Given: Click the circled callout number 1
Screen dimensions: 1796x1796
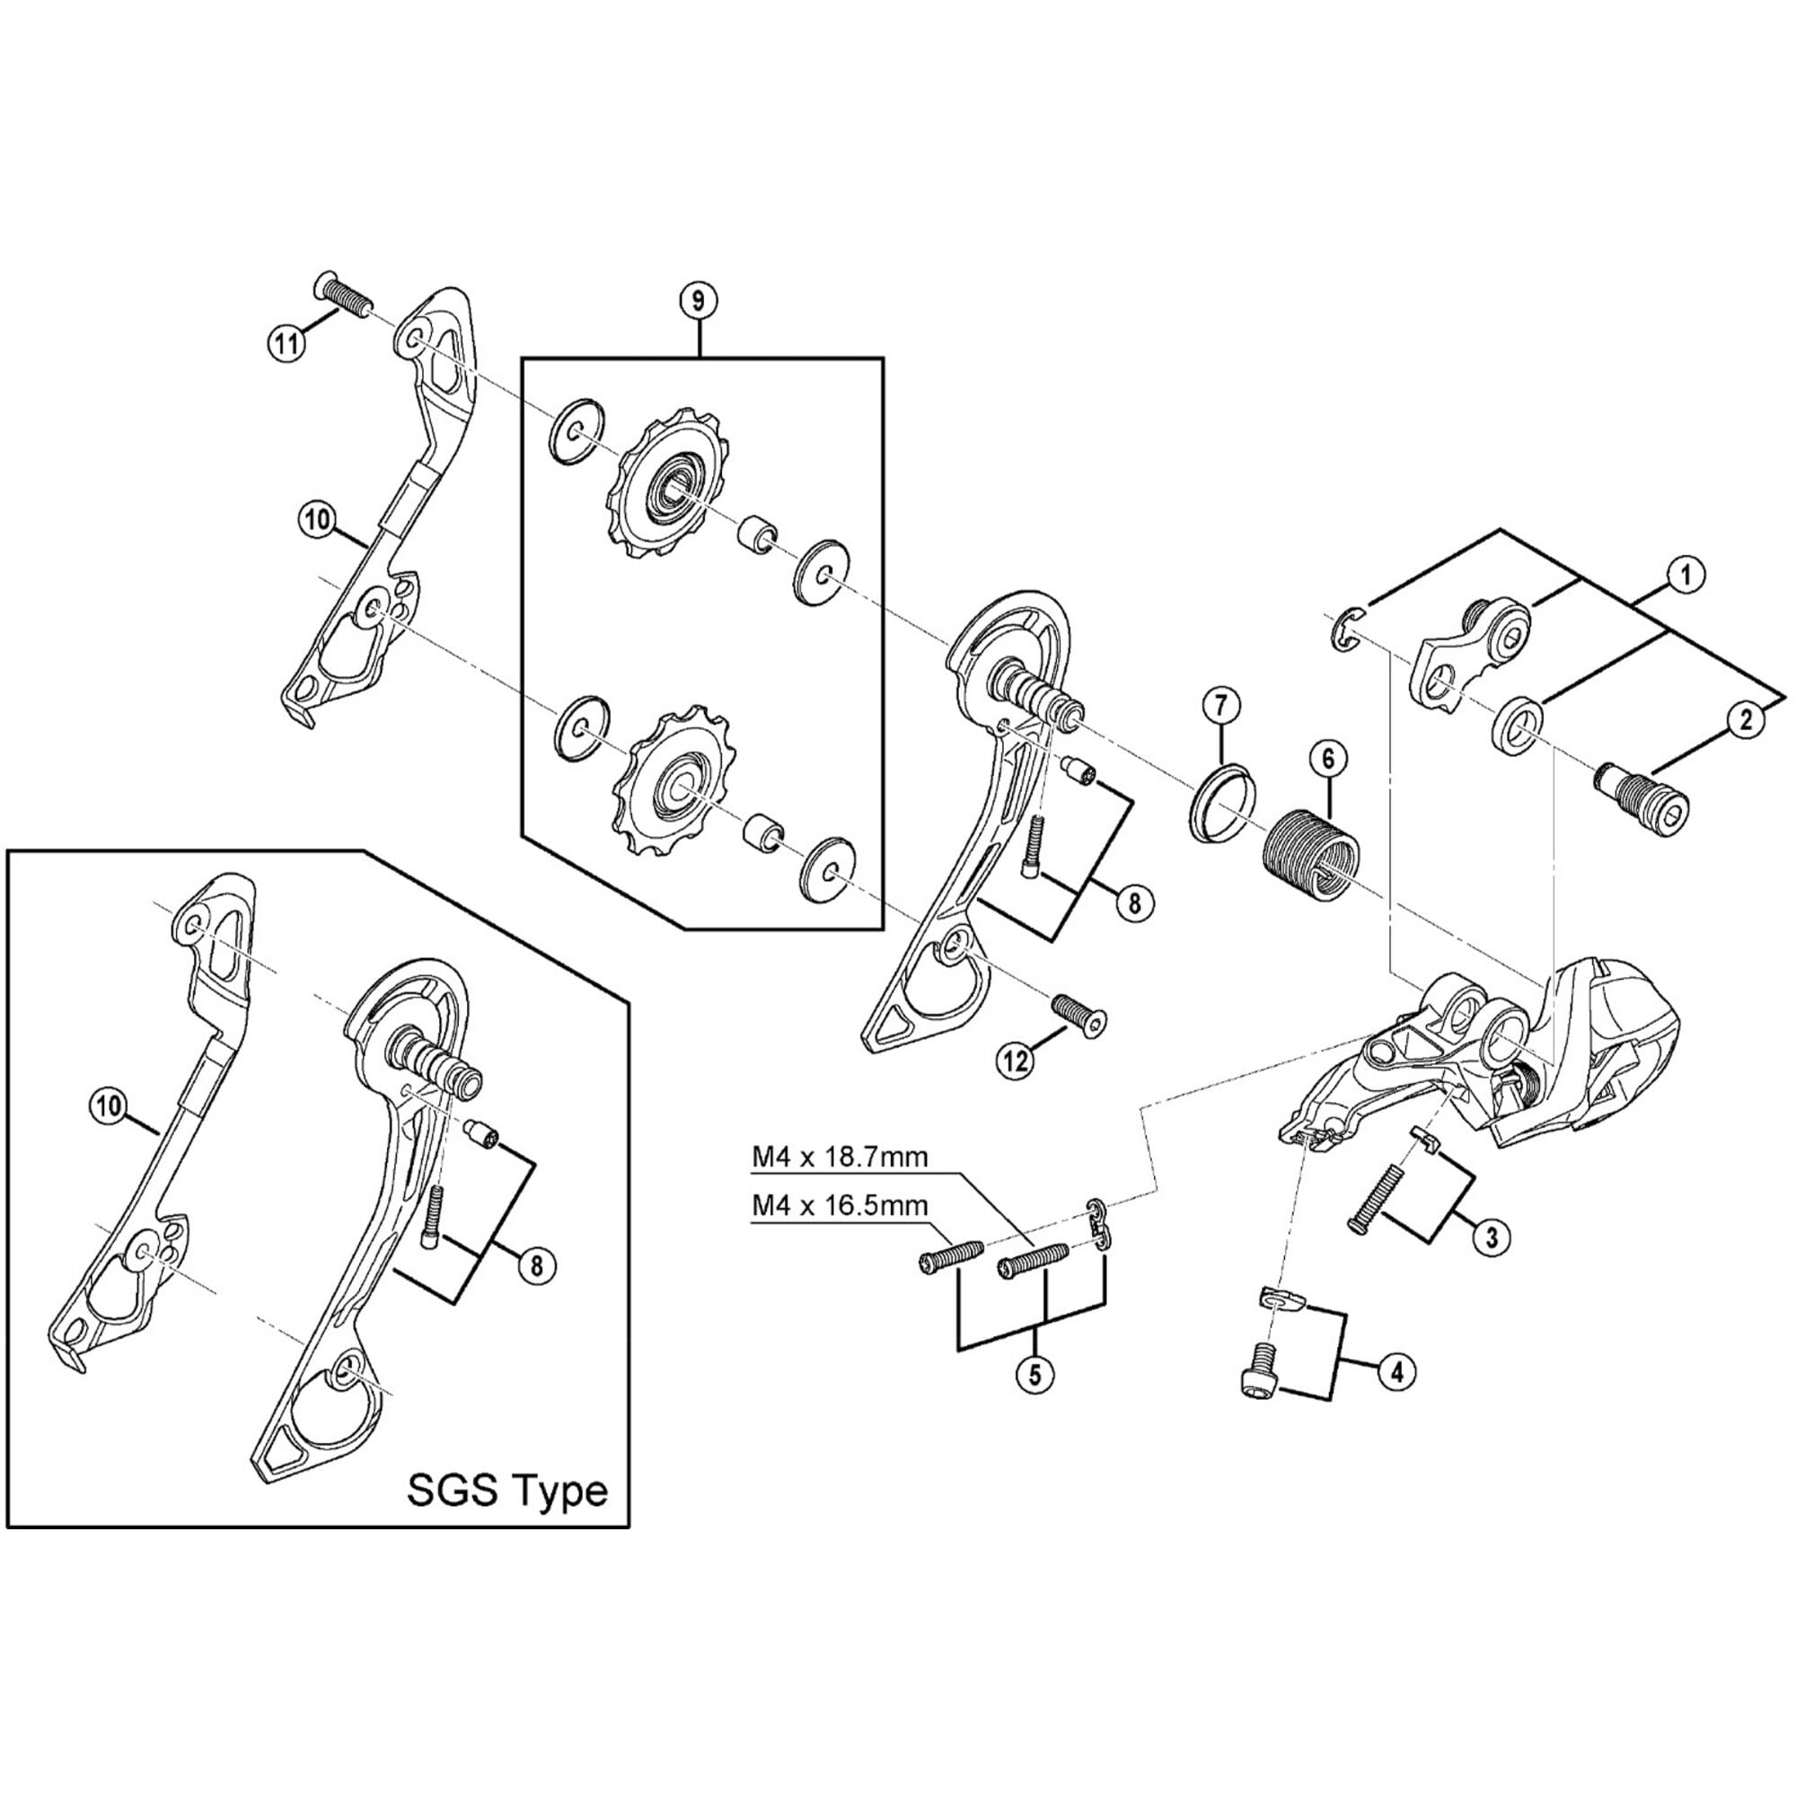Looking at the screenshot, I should click(1685, 576).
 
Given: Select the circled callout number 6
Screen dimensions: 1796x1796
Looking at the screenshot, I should click(1327, 760).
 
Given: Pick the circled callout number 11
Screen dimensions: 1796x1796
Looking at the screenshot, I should click(287, 344).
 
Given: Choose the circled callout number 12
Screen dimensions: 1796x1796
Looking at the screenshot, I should click(1015, 1060).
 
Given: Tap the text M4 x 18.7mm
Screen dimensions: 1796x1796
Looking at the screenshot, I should click(840, 1158).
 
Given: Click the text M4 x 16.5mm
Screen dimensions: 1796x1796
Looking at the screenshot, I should click(840, 1206).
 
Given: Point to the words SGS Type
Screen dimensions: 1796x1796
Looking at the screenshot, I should click(507, 1491).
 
